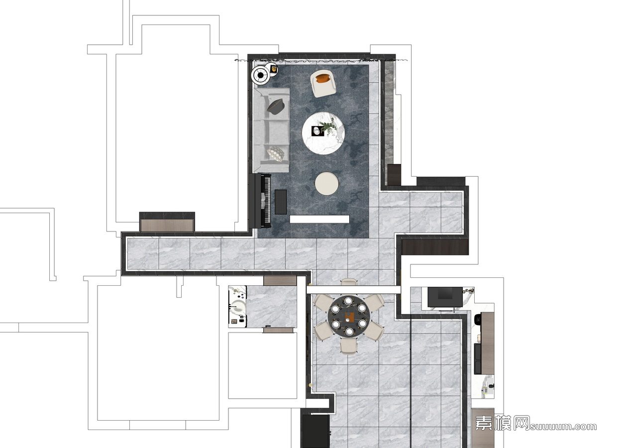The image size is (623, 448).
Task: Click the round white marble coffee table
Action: click(x=323, y=133)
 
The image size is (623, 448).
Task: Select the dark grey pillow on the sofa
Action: click(x=276, y=107)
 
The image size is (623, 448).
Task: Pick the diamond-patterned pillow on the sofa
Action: click(x=276, y=154)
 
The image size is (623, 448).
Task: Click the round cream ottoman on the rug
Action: click(x=327, y=183)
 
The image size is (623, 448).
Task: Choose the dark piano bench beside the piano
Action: click(x=281, y=202)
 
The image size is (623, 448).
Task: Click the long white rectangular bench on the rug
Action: click(x=319, y=219)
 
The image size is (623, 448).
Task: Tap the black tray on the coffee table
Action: click(x=318, y=131)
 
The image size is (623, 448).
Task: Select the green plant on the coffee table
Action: click(x=329, y=126)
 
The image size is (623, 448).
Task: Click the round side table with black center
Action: click(x=261, y=75)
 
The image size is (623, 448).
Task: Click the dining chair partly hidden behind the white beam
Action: click(x=349, y=282)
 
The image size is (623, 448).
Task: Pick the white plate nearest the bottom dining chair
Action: click(x=349, y=332)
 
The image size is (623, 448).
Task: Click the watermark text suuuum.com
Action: click(x=563, y=426)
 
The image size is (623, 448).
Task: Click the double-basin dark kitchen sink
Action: click(x=478, y=358)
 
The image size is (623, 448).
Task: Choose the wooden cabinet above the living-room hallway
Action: click(x=167, y=223)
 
